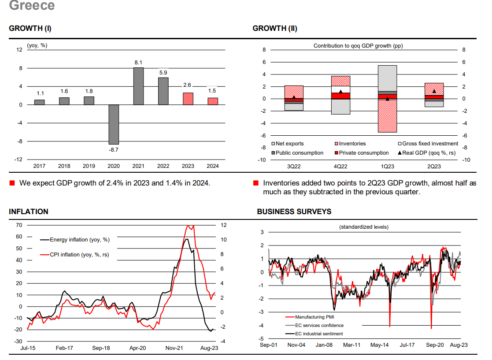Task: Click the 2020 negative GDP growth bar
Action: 114,124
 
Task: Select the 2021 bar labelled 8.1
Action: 138,86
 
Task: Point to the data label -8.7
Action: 114,150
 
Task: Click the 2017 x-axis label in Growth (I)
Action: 39,167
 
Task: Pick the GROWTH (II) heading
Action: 275,29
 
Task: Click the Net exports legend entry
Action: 287,144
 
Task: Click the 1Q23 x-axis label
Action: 388,167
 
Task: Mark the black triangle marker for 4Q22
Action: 340,92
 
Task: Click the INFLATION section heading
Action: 29,212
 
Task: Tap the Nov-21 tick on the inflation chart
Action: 174,348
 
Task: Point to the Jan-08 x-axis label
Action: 324,345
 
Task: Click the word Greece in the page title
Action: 32,6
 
